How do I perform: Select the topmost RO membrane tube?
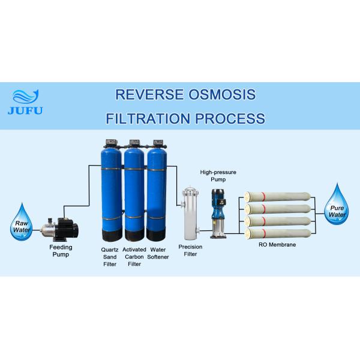[x=278, y=197]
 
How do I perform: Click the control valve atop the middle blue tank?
[x=133, y=145]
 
